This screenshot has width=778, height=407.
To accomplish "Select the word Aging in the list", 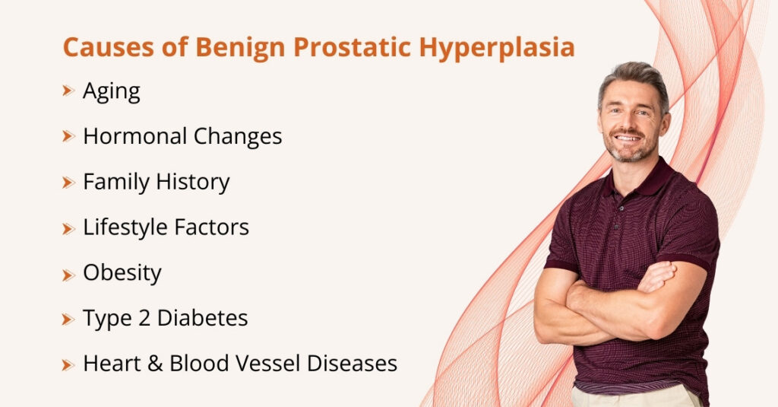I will (x=112, y=92).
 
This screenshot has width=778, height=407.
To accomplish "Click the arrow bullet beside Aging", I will (x=68, y=91).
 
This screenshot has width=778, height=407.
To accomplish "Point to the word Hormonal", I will (x=134, y=137).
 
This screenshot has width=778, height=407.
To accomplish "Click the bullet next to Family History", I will (x=68, y=183).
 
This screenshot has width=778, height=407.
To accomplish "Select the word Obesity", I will (x=122, y=273).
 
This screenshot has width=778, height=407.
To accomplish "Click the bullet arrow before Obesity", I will (x=68, y=273).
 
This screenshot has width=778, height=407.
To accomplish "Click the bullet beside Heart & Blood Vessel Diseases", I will (x=68, y=364).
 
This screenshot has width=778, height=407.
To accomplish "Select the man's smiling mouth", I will (x=628, y=139).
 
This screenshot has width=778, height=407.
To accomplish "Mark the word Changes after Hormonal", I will (x=237, y=137).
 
